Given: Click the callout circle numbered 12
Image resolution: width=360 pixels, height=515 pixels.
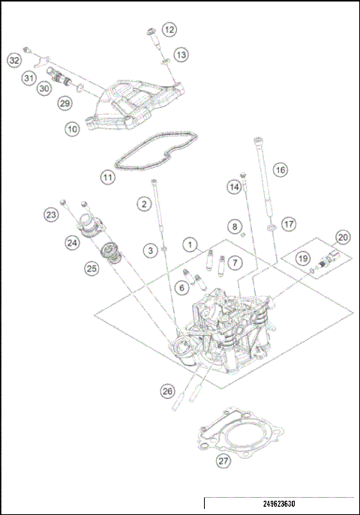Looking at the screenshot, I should (x=169, y=29).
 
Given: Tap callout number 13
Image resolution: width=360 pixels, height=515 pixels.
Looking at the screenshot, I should (x=181, y=55).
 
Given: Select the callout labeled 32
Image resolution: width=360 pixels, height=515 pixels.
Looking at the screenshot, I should (x=14, y=59).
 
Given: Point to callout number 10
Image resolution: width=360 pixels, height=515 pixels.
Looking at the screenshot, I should (x=72, y=129).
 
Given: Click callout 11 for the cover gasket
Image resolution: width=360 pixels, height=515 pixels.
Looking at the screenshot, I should (x=109, y=178).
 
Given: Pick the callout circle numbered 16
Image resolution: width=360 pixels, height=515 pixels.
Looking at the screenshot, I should (x=280, y=169).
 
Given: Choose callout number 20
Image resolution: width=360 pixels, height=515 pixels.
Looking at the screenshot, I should (x=343, y=237).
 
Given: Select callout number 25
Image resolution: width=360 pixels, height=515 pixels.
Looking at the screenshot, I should (x=91, y=268).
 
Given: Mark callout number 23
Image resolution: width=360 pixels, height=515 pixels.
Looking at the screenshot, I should (x=51, y=215).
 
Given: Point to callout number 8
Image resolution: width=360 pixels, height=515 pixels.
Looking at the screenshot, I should (x=234, y=226).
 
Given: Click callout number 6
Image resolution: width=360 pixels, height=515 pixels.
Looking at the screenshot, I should (x=181, y=288).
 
